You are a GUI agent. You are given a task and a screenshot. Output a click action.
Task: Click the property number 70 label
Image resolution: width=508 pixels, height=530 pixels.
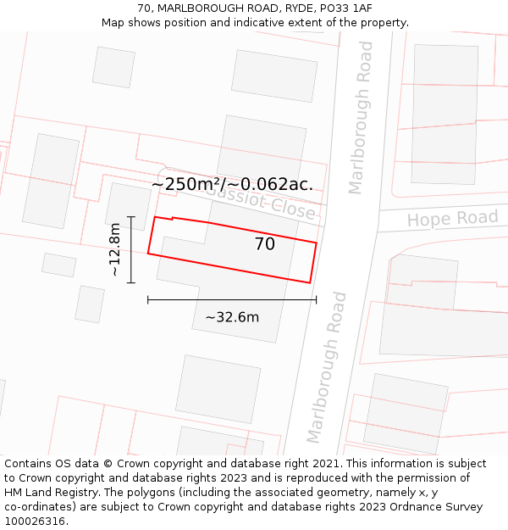click(265, 244)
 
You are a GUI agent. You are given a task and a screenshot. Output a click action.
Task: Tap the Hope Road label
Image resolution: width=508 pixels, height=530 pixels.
click(452, 219)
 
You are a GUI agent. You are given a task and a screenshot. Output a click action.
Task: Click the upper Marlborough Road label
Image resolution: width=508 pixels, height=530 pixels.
click(361, 129)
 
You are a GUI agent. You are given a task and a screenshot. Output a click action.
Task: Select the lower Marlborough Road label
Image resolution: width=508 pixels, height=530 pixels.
click(328, 367)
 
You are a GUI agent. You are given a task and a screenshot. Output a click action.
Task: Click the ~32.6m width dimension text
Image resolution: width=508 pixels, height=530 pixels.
click(232, 317)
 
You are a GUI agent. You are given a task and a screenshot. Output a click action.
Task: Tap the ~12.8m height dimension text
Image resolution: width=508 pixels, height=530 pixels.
click(115, 249)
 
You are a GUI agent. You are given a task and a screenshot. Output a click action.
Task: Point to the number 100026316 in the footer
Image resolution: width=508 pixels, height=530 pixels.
click(36, 522)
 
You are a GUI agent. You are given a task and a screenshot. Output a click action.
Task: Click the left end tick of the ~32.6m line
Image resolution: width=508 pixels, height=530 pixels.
click(148, 299)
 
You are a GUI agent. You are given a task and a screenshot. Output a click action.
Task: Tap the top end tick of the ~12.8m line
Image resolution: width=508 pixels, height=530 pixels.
click(131, 217)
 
